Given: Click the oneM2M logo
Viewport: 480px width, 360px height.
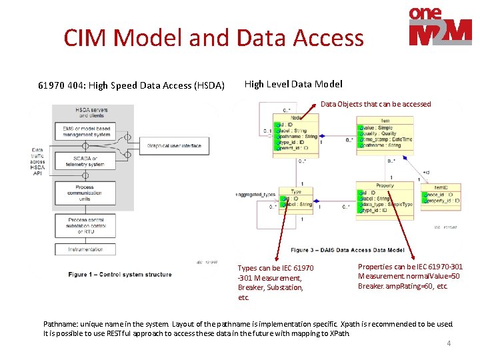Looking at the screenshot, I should tap(440, 27).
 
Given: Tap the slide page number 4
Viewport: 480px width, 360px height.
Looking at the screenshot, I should tap(449, 343).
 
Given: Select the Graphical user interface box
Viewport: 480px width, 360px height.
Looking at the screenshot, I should tap(174, 145).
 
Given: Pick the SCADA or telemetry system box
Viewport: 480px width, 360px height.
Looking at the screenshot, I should tap(85, 161).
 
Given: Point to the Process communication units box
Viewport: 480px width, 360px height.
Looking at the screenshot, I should tap(85, 193).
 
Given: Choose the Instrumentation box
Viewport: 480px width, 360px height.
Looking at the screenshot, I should tap(85, 250).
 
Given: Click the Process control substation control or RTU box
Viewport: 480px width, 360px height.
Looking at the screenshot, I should tap(85, 225).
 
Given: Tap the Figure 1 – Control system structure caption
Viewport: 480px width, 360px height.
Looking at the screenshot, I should tap(119, 274).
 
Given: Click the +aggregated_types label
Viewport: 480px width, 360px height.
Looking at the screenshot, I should tap(255, 194).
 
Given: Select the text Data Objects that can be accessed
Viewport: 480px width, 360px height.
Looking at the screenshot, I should tap(375, 104).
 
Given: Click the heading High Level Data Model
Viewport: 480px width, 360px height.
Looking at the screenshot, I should tap(293, 84).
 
